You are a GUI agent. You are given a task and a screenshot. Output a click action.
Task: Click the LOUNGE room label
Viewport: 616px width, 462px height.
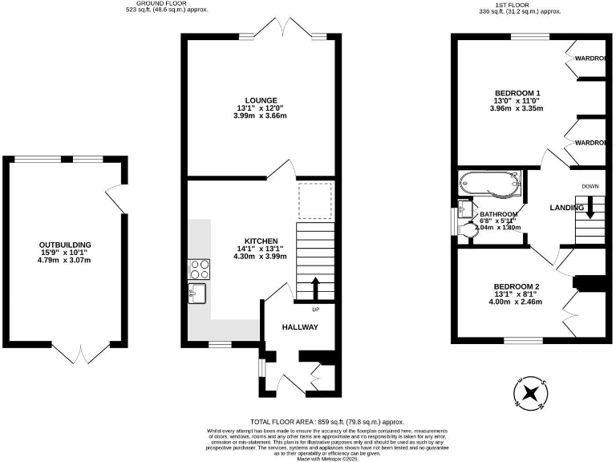pos(261,100)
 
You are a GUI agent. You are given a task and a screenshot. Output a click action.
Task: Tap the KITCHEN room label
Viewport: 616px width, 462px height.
pos(261,241)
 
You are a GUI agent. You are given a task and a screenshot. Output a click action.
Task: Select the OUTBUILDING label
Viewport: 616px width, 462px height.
pos(66,245)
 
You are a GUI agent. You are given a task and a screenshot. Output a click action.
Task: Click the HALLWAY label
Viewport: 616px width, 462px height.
pos(300,327)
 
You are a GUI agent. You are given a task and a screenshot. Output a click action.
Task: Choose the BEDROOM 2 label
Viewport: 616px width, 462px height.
pos(516,286)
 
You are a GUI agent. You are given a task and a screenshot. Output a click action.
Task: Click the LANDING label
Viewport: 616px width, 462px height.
pos(566,208)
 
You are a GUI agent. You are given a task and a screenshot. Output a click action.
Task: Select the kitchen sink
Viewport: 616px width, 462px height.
pos(197,292)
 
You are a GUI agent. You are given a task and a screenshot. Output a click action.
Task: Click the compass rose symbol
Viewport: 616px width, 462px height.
pos(530,394)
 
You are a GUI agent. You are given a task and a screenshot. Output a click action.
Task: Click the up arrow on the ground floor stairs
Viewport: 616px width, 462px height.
pos(314,286)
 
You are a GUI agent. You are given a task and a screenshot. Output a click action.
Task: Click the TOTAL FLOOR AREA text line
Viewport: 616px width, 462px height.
pos(327,422)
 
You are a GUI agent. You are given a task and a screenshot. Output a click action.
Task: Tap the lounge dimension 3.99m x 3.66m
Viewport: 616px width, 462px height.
pos(261,116)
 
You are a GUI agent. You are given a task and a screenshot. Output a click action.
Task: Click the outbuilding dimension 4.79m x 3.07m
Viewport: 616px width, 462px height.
pos(66,261)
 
